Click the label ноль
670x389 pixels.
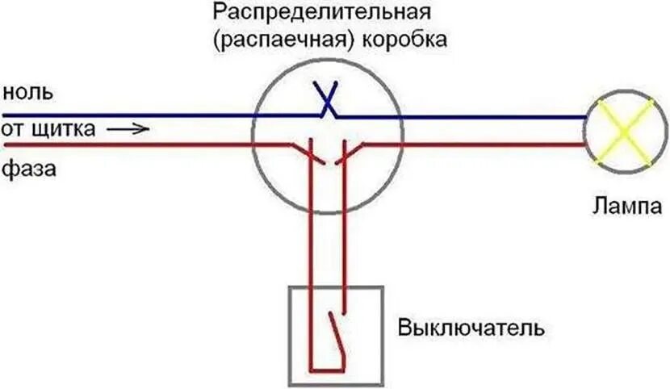pyautogui.click(x=27, y=92)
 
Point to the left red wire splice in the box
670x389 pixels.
pyautogui.click(x=309, y=153)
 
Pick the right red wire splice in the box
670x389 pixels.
pyautogui.click(x=345, y=153)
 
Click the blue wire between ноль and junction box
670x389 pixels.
pyautogui.click(x=129, y=115)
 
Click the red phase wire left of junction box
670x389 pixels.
pyautogui.click(x=129, y=145)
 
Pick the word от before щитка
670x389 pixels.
pyautogui.click(x=14, y=129)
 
